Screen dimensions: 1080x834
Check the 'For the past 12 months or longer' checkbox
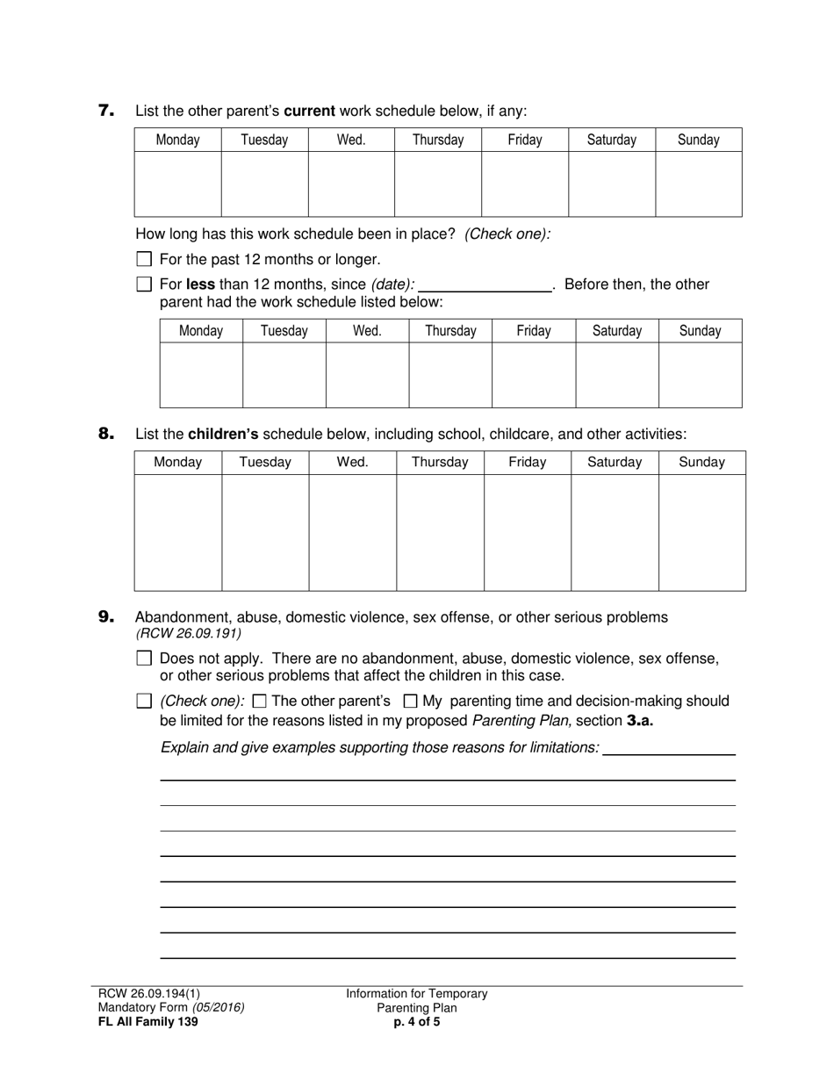click(145, 259)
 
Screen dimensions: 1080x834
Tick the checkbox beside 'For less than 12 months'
click(145, 284)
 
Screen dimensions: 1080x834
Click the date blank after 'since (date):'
click(485, 284)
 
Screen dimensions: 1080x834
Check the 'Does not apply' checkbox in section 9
click(145, 659)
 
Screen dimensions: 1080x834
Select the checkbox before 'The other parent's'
click(259, 702)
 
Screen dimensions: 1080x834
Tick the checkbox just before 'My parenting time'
click(410, 702)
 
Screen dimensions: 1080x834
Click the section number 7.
click(106, 111)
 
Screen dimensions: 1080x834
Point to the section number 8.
click(106, 433)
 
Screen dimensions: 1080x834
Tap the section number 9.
click(106, 617)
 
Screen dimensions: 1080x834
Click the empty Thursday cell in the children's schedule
click(440, 532)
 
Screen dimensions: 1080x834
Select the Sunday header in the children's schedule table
click(701, 462)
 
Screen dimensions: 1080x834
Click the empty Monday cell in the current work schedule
click(177, 184)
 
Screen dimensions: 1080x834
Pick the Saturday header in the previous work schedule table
click(617, 331)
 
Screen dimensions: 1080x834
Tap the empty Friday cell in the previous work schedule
click(534, 375)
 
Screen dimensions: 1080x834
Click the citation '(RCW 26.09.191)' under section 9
click(189, 633)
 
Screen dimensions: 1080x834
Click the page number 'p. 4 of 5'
click(417, 1021)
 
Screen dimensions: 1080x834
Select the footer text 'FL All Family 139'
click(147, 1021)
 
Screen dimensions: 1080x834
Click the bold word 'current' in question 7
click(309, 112)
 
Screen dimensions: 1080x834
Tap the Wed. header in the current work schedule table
click(351, 140)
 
